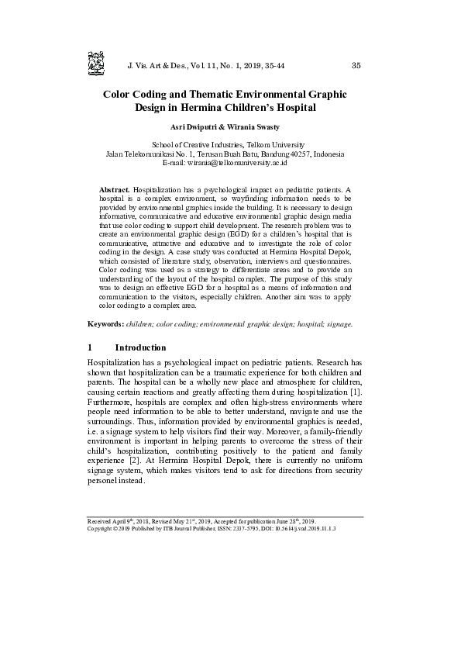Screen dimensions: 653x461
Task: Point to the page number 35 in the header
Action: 356,65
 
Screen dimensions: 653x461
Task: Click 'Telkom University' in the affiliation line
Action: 275,145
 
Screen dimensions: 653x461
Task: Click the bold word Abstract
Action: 115,189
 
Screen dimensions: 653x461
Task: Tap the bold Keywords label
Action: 105,323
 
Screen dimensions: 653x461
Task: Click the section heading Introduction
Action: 140,347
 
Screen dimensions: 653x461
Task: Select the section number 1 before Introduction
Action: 91,347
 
